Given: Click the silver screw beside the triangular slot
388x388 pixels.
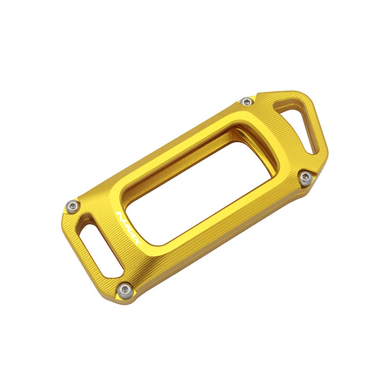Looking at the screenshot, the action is click(247, 101).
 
